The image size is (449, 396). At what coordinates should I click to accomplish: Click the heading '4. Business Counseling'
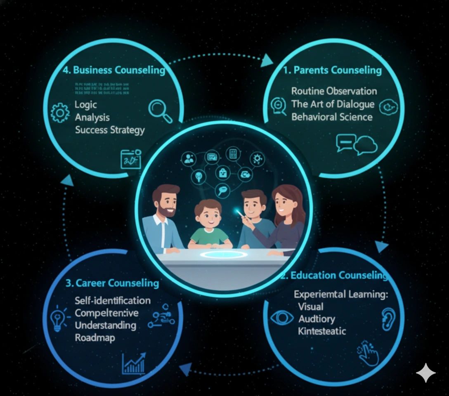[x=114, y=70]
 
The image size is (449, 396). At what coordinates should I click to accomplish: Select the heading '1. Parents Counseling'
[x=332, y=70]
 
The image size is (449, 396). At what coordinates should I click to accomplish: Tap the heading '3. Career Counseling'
[x=112, y=283]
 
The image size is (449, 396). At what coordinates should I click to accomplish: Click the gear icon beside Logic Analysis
[x=60, y=112]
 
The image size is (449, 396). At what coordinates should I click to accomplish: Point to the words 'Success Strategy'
[x=110, y=130]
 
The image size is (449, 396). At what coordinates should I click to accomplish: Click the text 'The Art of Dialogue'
[x=333, y=104]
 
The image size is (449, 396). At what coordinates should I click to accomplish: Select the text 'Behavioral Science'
[x=332, y=117]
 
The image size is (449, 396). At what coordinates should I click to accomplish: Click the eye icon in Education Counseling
[x=282, y=318]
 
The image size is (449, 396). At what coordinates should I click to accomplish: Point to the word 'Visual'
[x=310, y=307]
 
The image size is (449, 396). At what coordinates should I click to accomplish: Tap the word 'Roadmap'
[x=95, y=337]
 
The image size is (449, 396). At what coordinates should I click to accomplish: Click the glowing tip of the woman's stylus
[x=239, y=212]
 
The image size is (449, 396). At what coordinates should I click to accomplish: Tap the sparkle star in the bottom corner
[x=425, y=373]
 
